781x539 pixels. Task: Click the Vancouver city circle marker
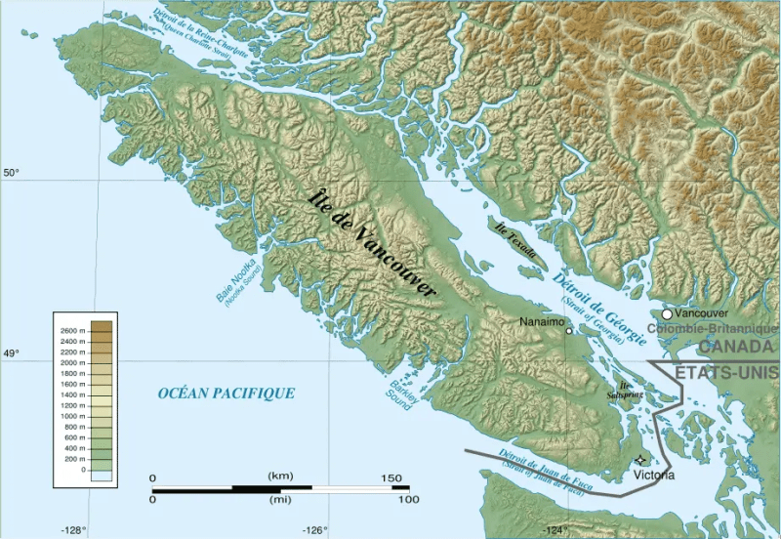click(x=667, y=314)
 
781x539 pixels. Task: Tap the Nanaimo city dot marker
click(x=569, y=330)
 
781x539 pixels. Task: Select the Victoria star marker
click(x=640, y=459)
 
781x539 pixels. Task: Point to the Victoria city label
click(x=653, y=476)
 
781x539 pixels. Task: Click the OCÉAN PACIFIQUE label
click(x=226, y=393)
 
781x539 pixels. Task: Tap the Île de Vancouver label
click(x=372, y=242)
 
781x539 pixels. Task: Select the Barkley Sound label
click(x=395, y=391)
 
